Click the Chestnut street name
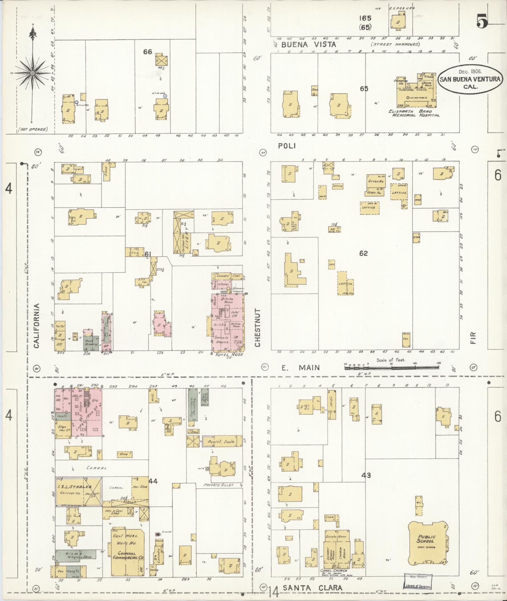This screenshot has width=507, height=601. point(258,328)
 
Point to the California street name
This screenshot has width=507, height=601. point(36,325)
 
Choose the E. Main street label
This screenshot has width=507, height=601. point(300,368)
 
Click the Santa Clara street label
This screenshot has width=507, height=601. point(312,587)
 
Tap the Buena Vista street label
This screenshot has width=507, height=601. point(309,45)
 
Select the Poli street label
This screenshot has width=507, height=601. point(287,146)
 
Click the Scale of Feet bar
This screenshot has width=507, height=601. point(392,366)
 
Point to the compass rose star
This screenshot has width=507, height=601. point(32,73)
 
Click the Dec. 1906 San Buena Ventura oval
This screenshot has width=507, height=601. point(470,79)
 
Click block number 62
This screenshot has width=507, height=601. point(363,253)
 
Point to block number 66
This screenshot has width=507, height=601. point(147,52)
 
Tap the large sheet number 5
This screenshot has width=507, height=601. point(482,22)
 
